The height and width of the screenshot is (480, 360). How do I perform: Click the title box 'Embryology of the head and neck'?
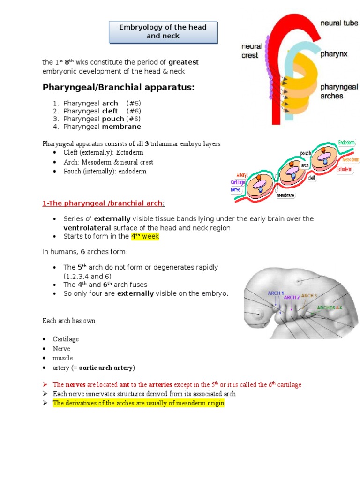tap(163, 31)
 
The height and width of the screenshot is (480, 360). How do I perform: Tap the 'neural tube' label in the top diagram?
tap(340, 22)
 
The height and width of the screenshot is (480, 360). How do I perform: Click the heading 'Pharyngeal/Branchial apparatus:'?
tap(119, 87)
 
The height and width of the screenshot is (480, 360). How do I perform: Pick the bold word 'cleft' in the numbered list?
tap(110, 111)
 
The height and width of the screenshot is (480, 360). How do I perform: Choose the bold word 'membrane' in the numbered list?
tap(121, 127)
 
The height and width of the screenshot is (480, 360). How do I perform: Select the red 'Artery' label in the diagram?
tap(241, 175)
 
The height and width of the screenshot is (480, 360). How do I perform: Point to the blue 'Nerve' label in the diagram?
tap(236, 190)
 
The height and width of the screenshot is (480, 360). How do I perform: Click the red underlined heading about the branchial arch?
tap(104, 203)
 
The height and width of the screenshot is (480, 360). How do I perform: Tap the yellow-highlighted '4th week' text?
tap(145, 237)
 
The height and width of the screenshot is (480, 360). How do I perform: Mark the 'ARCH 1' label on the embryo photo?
tap(276, 293)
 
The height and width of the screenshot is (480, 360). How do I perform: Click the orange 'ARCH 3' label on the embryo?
tap(309, 296)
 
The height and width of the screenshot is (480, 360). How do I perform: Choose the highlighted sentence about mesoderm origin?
tap(139, 403)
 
